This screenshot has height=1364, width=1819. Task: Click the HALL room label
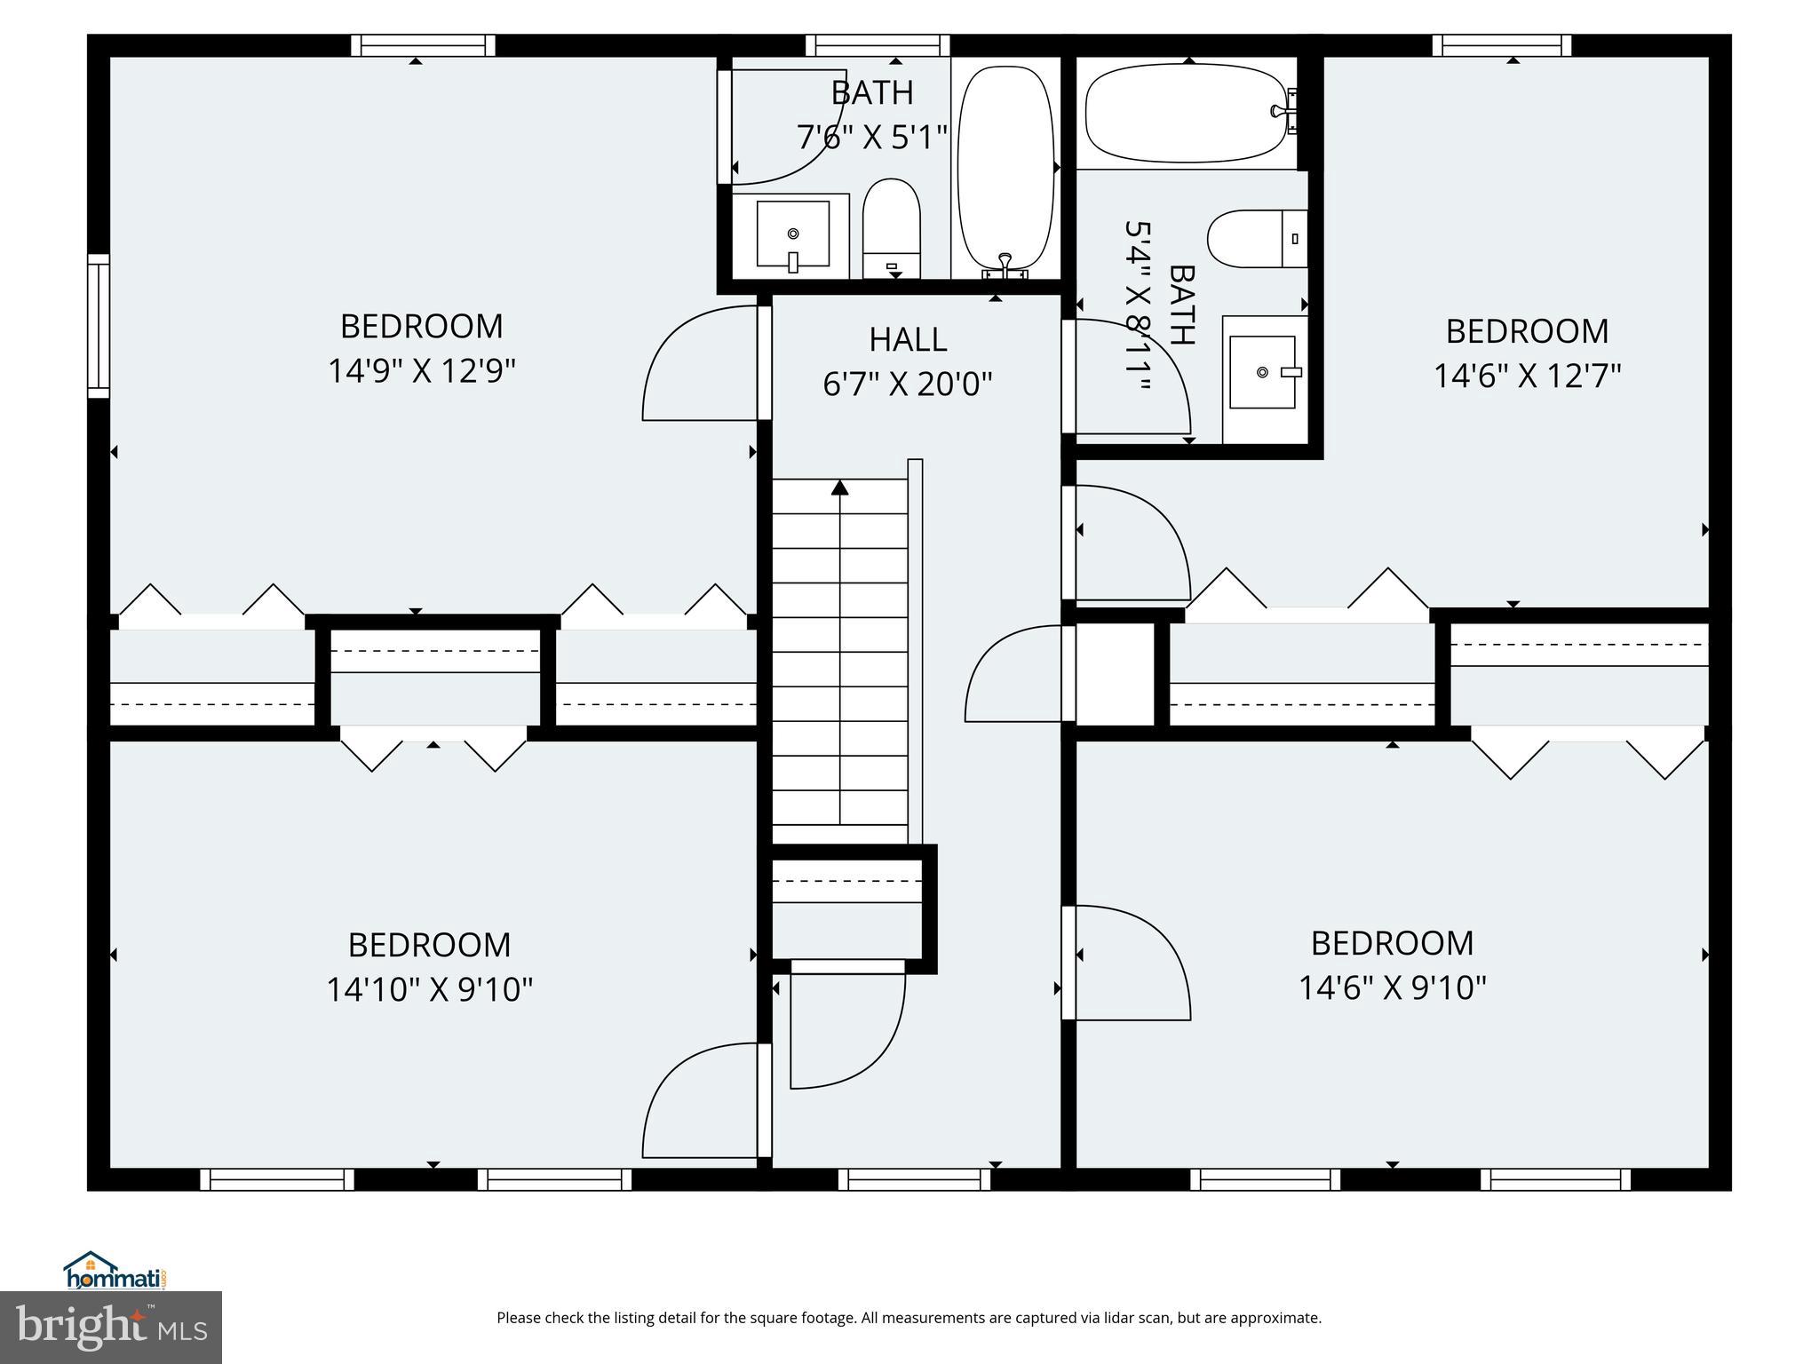pyautogui.click(x=907, y=339)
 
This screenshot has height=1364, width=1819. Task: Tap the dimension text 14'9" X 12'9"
pyautogui.click(x=422, y=371)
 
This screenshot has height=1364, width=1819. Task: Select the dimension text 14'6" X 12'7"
pyautogui.click(x=1527, y=376)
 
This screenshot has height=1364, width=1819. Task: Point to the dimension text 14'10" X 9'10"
pyautogui.click(x=429, y=989)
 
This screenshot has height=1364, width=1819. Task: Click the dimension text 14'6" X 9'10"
pyautogui.click(x=1392, y=987)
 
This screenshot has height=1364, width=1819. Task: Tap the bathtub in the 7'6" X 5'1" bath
pyautogui.click(x=1006, y=168)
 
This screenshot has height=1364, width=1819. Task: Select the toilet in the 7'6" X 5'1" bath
pyautogui.click(x=892, y=227)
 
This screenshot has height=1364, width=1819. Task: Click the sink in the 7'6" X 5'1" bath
pyautogui.click(x=792, y=234)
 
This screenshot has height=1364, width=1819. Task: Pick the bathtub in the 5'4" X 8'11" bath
pyautogui.click(x=1187, y=114)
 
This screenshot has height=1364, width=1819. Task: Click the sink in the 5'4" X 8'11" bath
pyautogui.click(x=1262, y=372)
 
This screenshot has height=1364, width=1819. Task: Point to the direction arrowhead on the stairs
pyautogui.click(x=839, y=488)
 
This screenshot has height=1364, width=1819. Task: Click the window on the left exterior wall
pyautogui.click(x=98, y=325)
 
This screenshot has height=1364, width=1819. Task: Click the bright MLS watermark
pyautogui.click(x=110, y=1327)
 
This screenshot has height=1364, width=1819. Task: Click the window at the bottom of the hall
pyautogui.click(x=914, y=1179)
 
